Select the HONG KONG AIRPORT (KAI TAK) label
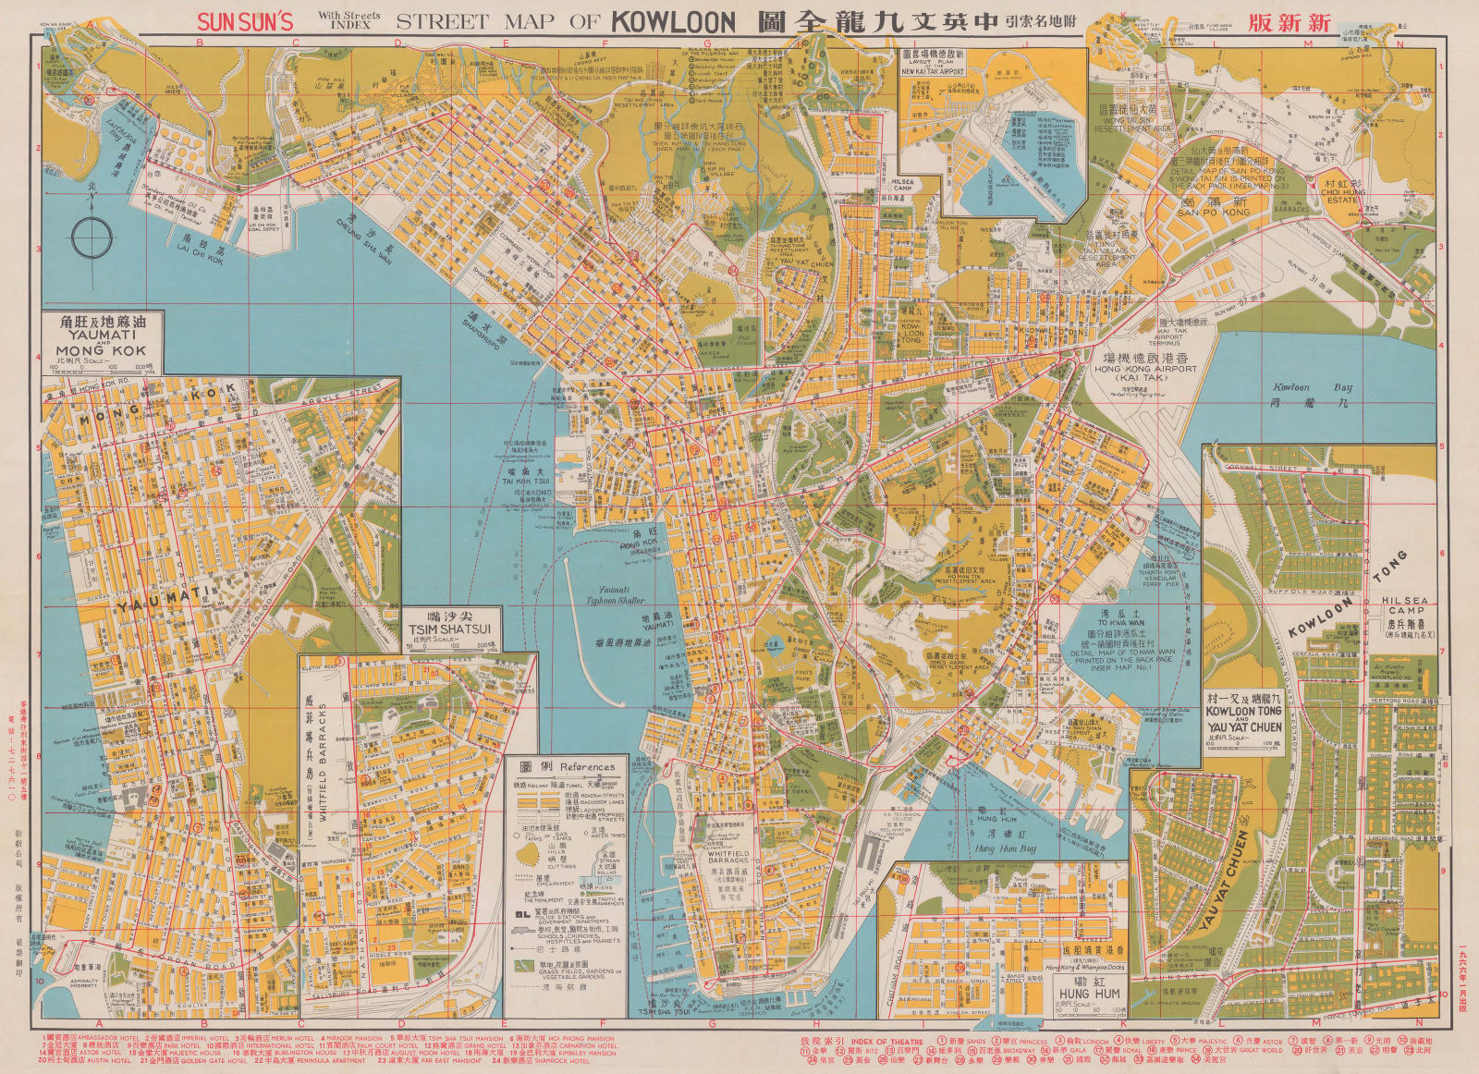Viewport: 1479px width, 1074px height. point(1145,369)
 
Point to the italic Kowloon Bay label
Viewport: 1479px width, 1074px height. point(1304,387)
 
